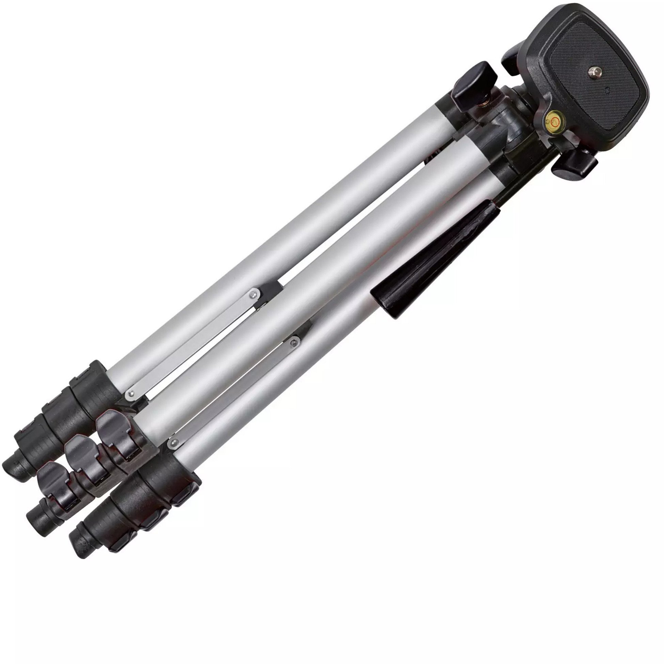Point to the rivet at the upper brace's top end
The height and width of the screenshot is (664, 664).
pyautogui.click(x=253, y=294)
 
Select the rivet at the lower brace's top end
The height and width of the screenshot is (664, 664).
pyautogui.click(x=293, y=342)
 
